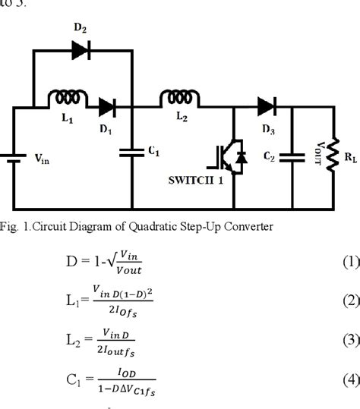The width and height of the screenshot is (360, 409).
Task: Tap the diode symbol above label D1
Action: [106, 107]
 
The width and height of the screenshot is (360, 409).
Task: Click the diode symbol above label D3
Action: [266, 107]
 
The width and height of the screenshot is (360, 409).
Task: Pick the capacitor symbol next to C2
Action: [292, 156]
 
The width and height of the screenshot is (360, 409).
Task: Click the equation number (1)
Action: [348, 263]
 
